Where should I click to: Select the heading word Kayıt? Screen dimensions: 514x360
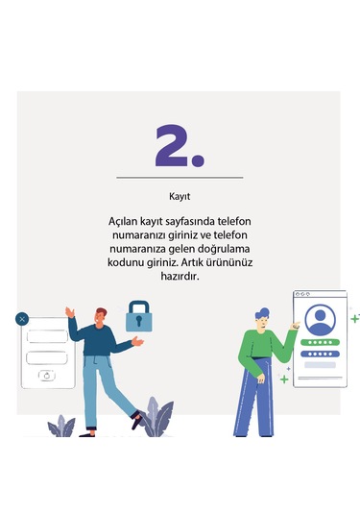point(180,195)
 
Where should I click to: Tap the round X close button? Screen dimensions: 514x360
point(22,318)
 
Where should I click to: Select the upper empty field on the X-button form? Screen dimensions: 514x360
point(46,336)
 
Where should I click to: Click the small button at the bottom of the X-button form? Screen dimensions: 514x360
point(46,376)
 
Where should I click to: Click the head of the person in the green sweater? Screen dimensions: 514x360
point(265,316)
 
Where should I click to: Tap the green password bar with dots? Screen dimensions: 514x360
point(320,341)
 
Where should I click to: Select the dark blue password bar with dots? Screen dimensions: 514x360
point(320,353)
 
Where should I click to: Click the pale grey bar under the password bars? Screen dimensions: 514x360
point(320,365)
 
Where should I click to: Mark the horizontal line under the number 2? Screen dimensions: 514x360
point(180,178)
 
